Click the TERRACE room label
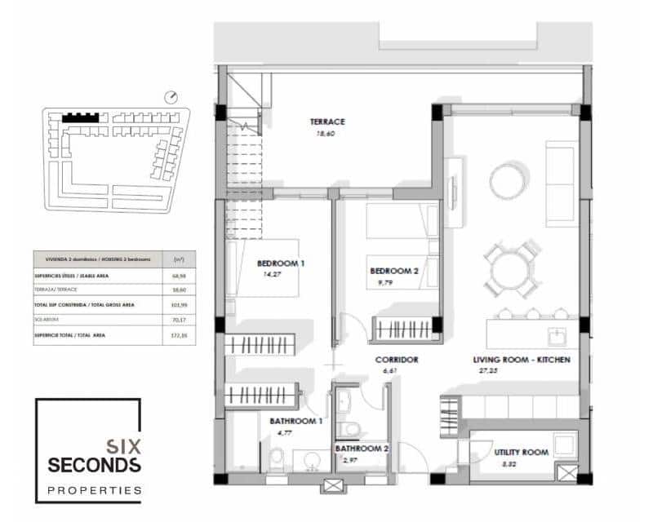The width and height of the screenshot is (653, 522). tap(328, 122)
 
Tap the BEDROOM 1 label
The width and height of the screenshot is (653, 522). tap(281, 263)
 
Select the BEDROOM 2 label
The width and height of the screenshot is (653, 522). tap(394, 271)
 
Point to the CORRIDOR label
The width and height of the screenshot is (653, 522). tap(397, 360)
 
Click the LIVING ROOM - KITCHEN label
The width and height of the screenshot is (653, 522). tap(521, 360)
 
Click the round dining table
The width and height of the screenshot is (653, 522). tap(510, 269)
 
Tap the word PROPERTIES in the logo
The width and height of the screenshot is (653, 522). tap(94, 490)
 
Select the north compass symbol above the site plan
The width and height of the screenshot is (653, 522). tap(171, 96)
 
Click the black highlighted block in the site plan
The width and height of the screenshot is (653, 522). tap(80, 117)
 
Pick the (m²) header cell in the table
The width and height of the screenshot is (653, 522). tap(179, 259)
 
